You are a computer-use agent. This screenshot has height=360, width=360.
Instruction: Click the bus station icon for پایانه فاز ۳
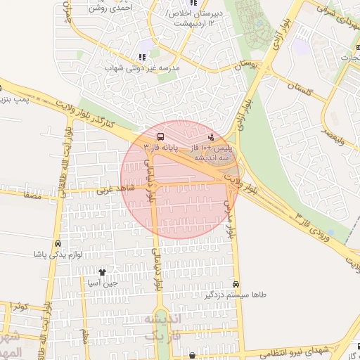(161, 136)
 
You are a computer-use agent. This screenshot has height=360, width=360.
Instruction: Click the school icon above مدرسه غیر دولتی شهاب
(142, 57)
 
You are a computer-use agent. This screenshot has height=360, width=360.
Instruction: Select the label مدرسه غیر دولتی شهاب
(143, 68)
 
